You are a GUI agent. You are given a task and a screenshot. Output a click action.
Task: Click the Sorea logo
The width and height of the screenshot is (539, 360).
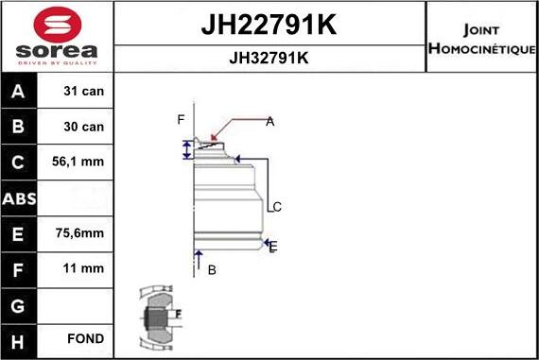[x=57, y=36]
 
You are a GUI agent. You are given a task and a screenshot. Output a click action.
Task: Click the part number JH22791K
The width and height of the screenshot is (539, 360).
[x=269, y=26]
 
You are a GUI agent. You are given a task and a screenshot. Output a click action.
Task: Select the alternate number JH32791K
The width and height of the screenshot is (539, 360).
[x=269, y=57]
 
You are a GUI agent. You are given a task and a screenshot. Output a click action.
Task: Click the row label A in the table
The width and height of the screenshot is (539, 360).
[x=20, y=92]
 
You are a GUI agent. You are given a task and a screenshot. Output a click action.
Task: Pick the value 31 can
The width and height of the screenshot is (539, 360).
[x=84, y=92]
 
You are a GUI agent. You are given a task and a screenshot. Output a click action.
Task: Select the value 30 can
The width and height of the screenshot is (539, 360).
[x=84, y=127]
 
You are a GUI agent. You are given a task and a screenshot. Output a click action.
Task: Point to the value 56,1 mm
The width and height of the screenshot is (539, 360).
[x=84, y=162]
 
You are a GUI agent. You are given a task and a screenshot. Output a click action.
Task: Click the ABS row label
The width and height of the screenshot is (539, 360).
[x=20, y=197]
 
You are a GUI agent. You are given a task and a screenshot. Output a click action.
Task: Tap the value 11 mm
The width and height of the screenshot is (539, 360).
[x=84, y=268]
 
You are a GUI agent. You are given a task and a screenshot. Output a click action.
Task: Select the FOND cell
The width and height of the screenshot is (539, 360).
[x=84, y=338]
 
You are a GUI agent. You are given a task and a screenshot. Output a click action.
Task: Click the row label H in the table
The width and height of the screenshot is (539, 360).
[x=20, y=338]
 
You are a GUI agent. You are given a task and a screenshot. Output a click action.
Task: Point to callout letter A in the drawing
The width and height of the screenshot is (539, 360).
[x=269, y=121]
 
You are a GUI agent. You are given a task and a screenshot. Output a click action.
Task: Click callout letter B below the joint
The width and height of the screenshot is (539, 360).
[x=212, y=270]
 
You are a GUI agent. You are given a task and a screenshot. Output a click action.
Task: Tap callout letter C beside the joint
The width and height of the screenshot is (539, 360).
[x=277, y=207]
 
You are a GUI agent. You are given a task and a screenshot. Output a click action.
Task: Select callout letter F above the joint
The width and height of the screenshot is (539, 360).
[x=180, y=119]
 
